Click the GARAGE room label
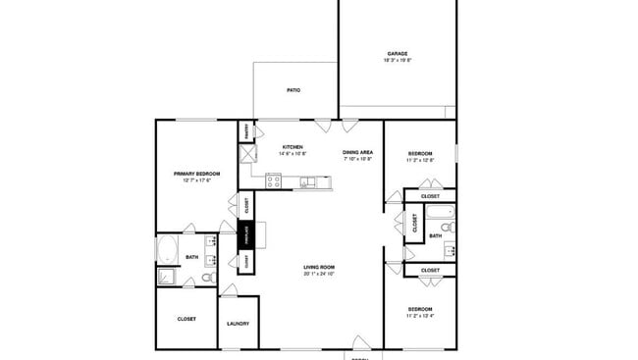(397, 54)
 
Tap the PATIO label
(293, 90)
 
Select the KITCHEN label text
(292, 147)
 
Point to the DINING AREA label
(357, 152)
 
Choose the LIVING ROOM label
(319, 267)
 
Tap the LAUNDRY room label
(238, 324)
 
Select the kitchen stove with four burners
(274, 180)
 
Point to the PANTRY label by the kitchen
(245, 130)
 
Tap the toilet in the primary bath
(208, 278)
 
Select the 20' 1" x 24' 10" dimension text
(319, 274)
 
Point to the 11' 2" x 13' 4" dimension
(420, 317)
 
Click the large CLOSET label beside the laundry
(186, 319)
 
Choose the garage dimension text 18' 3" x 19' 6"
(397, 61)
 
